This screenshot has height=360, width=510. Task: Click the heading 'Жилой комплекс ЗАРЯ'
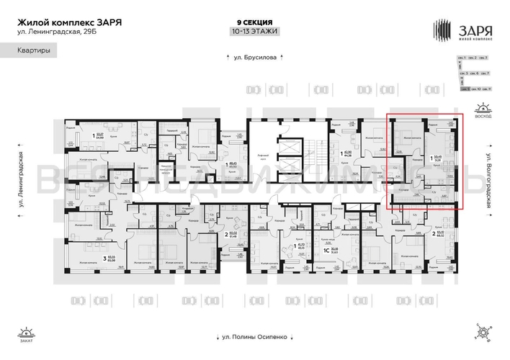68,22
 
